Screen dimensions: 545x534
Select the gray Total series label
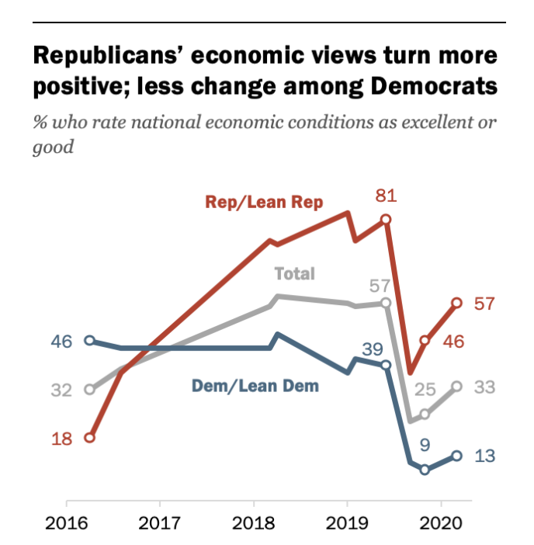point(295,273)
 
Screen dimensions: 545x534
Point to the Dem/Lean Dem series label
point(255,385)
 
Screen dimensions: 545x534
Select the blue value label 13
point(484,456)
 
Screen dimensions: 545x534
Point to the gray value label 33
point(484,387)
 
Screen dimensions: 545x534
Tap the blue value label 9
point(425,444)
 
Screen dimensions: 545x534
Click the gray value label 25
point(424,389)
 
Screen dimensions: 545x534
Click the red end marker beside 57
point(457,303)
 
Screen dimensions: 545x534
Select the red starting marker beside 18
point(89,438)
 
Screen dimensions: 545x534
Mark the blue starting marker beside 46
point(89,341)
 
